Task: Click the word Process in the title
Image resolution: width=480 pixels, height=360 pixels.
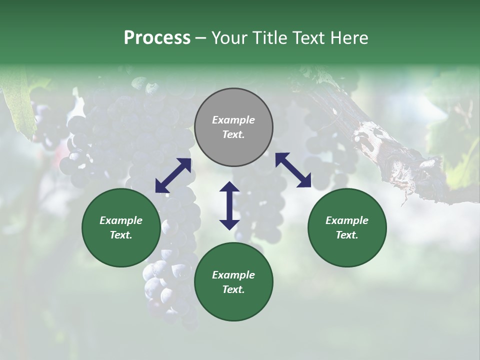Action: point(157,38)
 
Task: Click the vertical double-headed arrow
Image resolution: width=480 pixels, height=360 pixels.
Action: point(229,205)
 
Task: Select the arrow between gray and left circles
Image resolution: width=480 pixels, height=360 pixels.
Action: point(173,175)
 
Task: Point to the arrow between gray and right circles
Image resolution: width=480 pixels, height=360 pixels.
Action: point(293,170)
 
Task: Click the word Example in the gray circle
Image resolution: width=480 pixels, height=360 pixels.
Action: point(233,120)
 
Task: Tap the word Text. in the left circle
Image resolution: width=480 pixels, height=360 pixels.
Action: point(121,235)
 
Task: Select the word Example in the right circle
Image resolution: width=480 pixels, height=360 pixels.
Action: point(347,220)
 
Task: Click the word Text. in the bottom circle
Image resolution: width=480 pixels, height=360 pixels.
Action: point(233,289)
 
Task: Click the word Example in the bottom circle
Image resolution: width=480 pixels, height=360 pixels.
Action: point(233,275)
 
